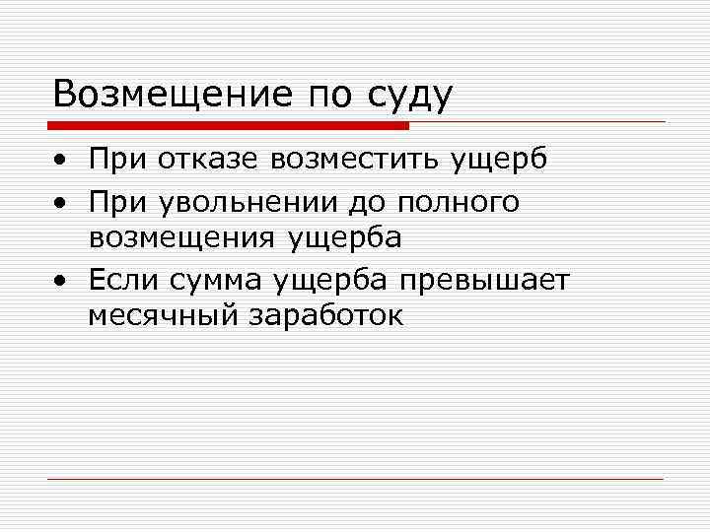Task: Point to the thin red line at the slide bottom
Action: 355,479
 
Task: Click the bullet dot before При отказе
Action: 61,160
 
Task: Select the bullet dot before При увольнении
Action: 61,203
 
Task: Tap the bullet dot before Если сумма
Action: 61,282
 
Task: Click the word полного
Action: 460,203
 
